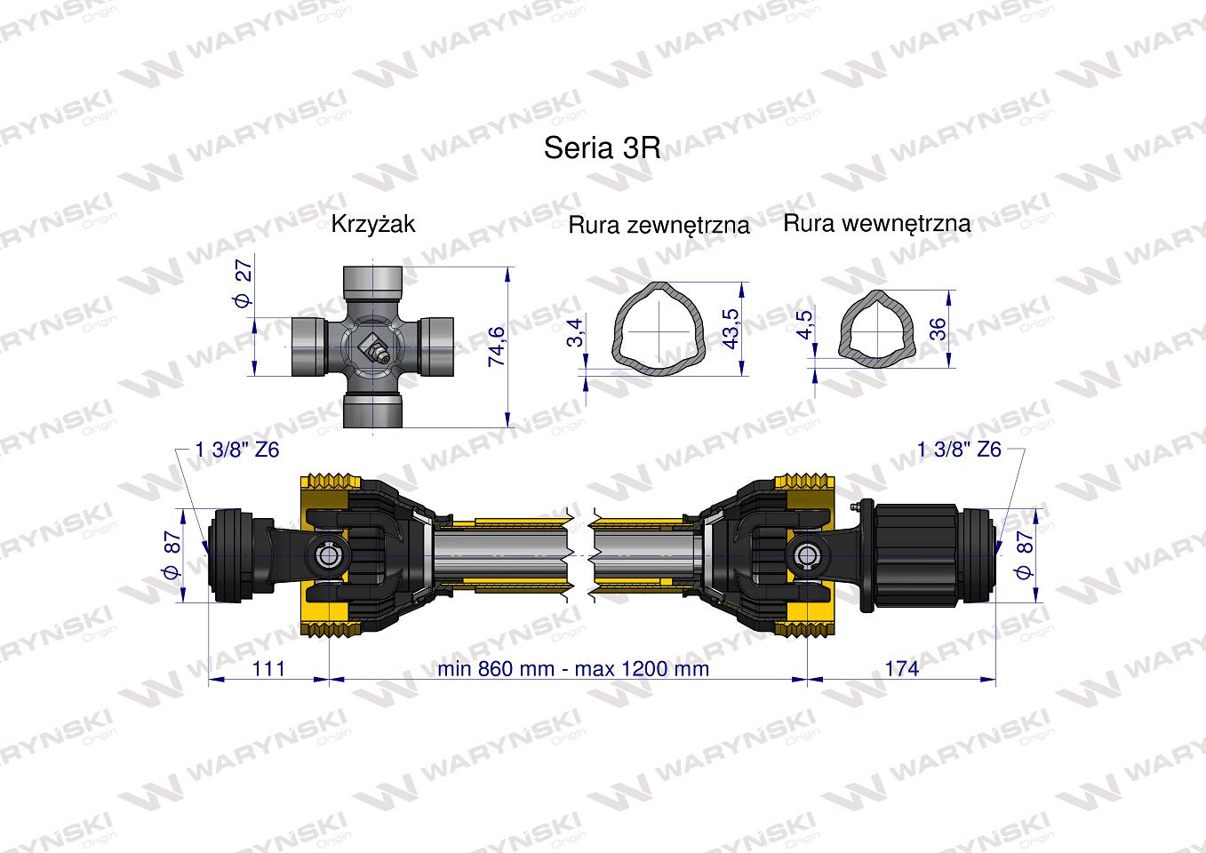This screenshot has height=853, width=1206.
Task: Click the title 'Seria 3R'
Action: (x=602, y=147)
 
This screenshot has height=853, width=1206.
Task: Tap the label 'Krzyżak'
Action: (x=372, y=223)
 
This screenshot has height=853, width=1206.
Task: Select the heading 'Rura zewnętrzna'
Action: (x=659, y=225)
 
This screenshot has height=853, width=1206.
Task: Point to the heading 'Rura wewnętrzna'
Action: (x=876, y=223)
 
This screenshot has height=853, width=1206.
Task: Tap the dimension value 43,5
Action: (x=731, y=328)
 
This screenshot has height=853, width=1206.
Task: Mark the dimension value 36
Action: (x=937, y=329)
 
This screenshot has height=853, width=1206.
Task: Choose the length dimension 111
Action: (x=268, y=667)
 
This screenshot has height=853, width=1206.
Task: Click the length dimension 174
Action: (x=901, y=667)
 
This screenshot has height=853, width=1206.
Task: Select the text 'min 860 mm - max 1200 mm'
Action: (x=573, y=667)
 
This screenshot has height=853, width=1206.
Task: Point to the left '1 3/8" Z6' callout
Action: (x=237, y=450)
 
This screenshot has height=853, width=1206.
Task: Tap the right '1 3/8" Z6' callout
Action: (x=959, y=450)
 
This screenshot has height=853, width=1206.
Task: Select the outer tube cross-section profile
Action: (x=658, y=329)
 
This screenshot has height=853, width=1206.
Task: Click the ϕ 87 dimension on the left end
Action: (x=172, y=555)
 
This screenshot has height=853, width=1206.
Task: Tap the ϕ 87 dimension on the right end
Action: (x=1022, y=555)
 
